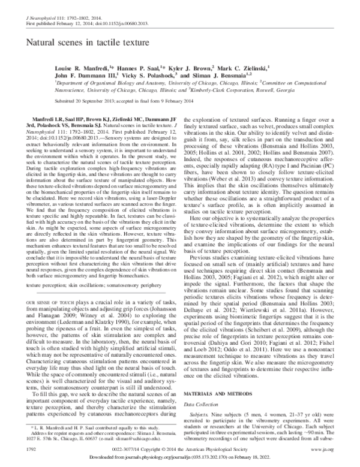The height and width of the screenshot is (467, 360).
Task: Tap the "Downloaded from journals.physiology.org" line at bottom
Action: pos(179,457)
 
